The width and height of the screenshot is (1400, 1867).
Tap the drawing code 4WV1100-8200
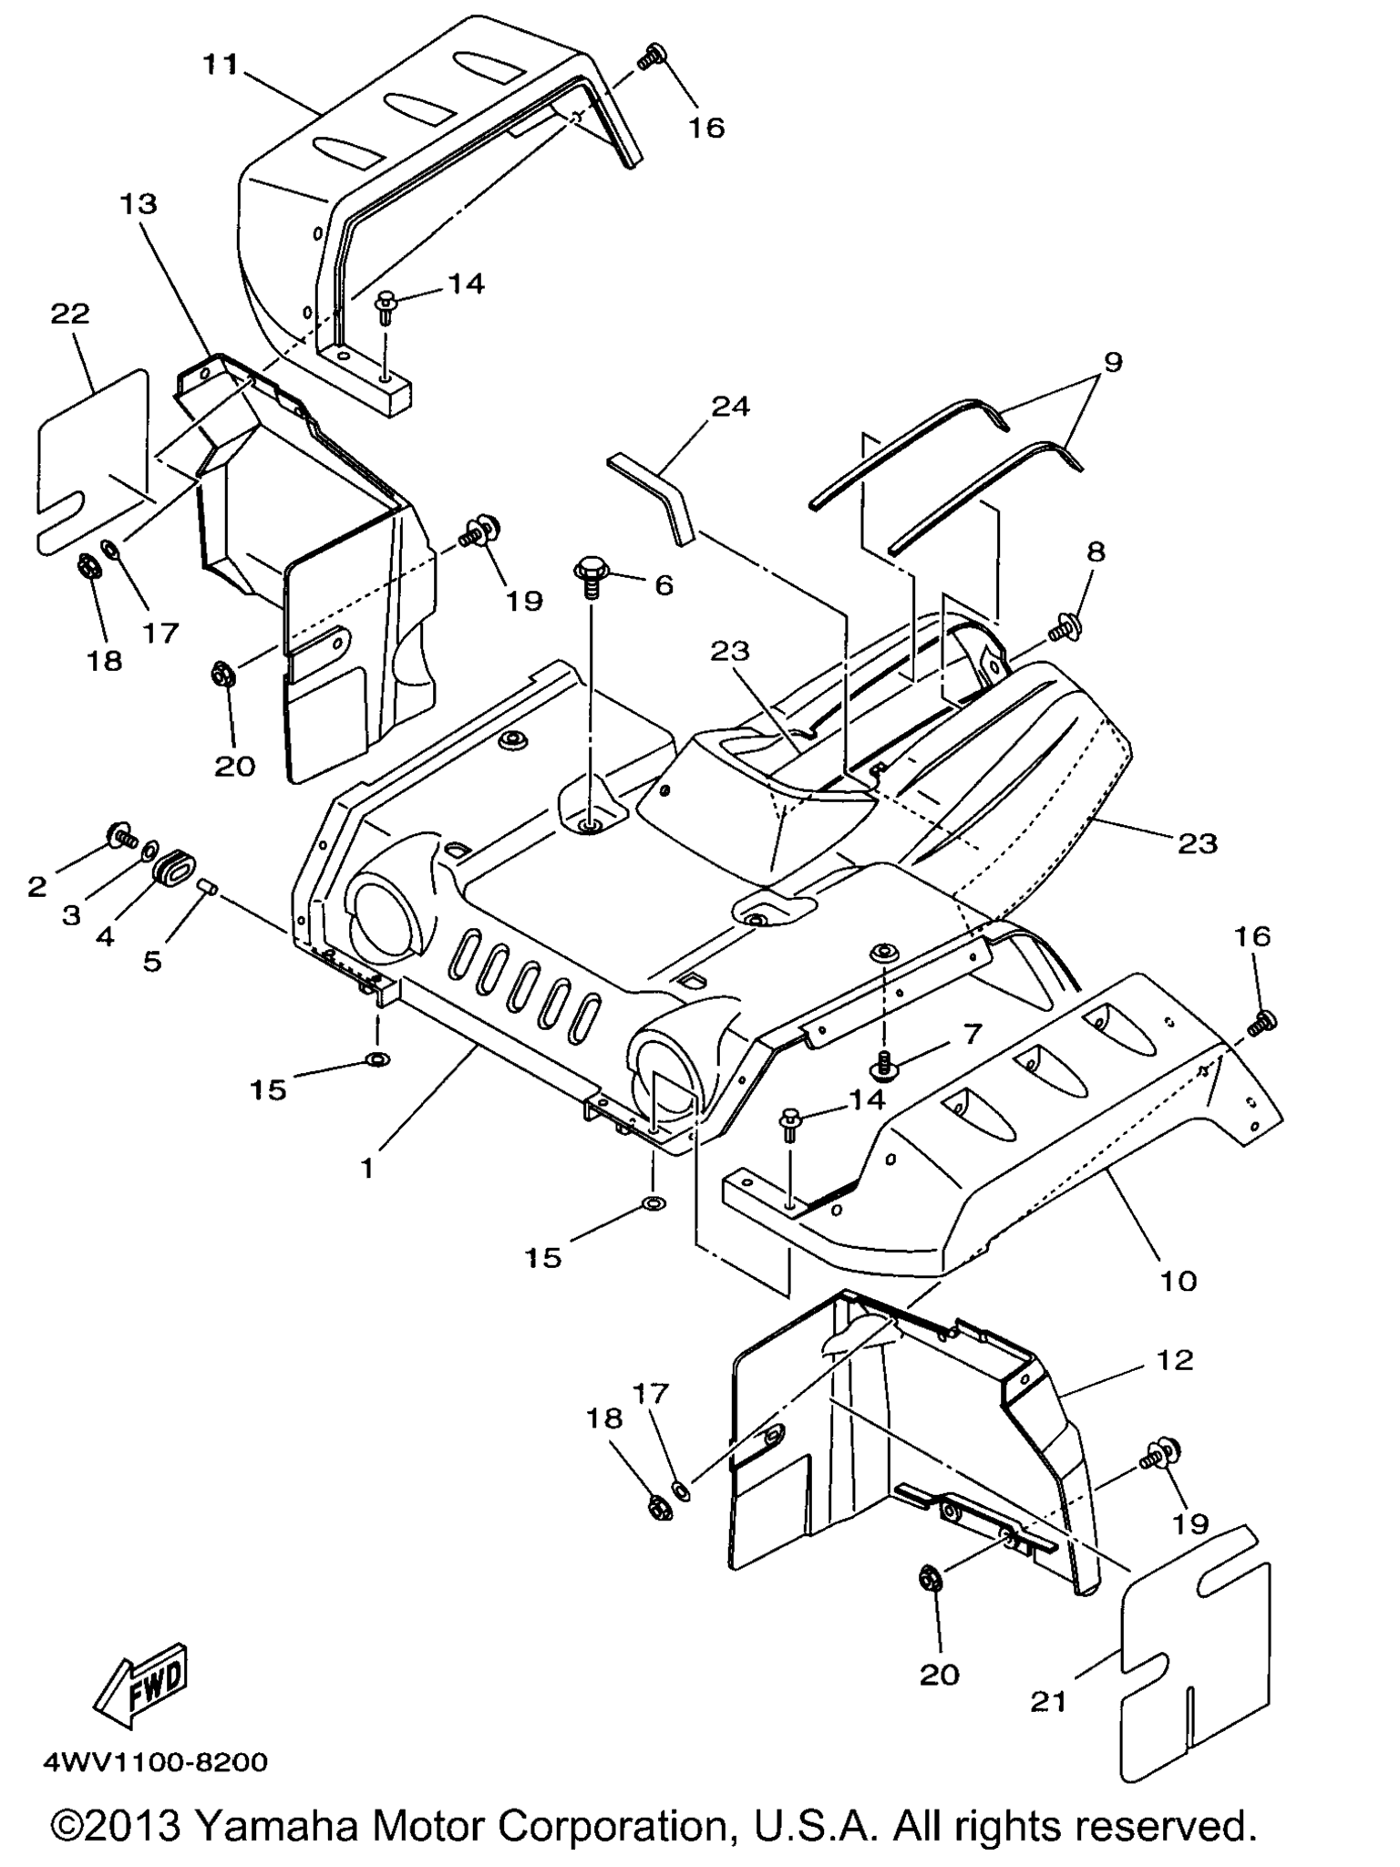click(x=156, y=1762)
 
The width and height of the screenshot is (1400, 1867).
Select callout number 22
click(x=70, y=314)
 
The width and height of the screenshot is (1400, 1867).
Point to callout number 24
click(x=729, y=406)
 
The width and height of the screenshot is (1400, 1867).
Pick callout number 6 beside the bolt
click(x=664, y=584)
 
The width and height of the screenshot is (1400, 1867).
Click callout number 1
click(x=366, y=1168)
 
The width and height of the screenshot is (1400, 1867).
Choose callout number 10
click(x=1179, y=1281)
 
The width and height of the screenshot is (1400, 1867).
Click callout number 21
click(x=1048, y=1700)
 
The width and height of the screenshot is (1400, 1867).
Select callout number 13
click(x=138, y=204)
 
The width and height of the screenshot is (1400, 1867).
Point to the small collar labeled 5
click(x=206, y=886)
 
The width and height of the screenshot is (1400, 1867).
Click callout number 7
click(x=973, y=1034)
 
